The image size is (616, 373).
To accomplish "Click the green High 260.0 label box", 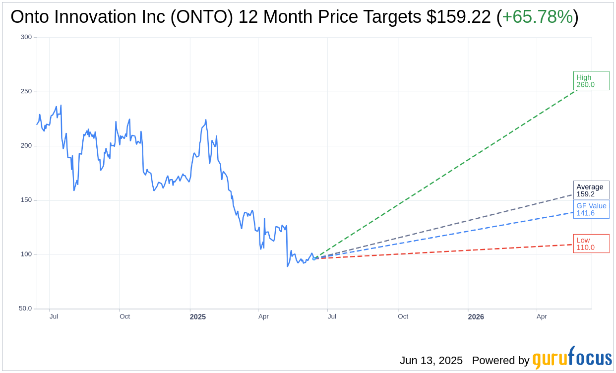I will click(591, 81).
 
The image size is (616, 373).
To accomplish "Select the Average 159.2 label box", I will click(591, 190).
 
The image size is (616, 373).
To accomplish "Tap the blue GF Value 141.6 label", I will click(591, 209).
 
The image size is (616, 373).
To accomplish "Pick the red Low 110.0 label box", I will click(591, 244).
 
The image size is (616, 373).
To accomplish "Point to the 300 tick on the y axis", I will click(26, 37).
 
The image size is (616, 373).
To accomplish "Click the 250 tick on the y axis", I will click(26, 91).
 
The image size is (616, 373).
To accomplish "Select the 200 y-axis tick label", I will click(26, 146).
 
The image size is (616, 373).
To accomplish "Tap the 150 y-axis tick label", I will click(26, 200).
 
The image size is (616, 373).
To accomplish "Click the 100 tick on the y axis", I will click(26, 254).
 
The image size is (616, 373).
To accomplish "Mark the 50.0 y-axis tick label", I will click(25, 309).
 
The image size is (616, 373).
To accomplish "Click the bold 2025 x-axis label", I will click(197, 316).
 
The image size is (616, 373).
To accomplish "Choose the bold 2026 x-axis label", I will click(476, 316).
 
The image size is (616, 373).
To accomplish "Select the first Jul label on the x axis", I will click(54, 316).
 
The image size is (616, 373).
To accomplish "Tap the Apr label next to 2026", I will click(542, 316).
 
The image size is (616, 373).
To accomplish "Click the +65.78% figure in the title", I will click(537, 17).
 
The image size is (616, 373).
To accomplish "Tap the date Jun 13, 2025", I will click(431, 361).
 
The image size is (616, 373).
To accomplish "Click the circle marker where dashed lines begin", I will click(314, 258).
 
